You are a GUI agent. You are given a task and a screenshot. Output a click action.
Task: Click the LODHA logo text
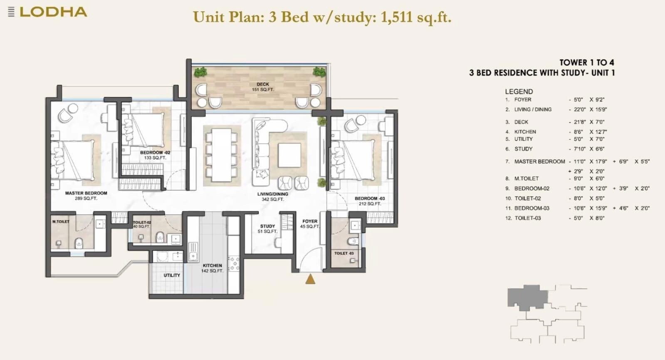[x=53, y=12]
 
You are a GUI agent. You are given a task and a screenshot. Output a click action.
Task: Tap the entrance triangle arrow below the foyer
[x=310, y=279]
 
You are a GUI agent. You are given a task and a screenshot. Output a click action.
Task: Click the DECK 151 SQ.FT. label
[x=262, y=87]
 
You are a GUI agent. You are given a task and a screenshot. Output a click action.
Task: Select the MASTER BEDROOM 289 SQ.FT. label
[x=86, y=196]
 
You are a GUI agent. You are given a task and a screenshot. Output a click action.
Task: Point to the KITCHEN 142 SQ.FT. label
[x=212, y=268]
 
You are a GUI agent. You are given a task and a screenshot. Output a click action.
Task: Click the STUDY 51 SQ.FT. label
[x=267, y=229]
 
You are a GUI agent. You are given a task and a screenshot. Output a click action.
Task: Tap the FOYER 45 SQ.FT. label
[x=310, y=224]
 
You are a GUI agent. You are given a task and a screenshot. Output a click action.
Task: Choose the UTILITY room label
[x=172, y=275]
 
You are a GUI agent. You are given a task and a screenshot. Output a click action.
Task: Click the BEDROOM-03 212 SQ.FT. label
[x=370, y=201]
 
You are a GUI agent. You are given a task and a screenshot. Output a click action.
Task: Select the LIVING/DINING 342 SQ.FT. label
[x=272, y=197]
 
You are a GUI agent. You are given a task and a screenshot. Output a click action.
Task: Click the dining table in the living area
[x=221, y=155]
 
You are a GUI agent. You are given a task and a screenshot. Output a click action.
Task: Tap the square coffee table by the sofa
[x=289, y=155]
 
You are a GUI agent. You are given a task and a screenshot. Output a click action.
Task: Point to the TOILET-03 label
[x=344, y=253]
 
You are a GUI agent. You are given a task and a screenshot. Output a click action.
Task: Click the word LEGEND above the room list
[x=519, y=91]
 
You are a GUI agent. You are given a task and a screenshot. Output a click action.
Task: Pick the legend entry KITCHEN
[x=525, y=131]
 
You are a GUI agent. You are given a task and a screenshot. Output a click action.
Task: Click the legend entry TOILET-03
[x=527, y=218]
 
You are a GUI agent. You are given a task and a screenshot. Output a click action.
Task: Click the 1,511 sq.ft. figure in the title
[x=416, y=17]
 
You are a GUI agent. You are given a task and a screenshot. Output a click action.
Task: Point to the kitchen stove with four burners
[x=233, y=264]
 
